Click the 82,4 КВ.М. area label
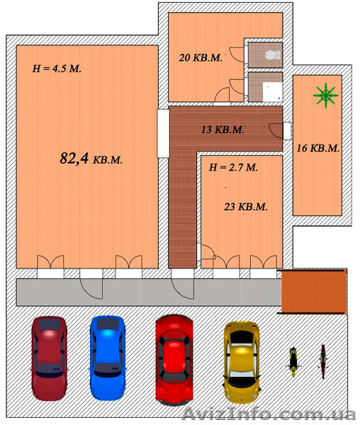point(91,158)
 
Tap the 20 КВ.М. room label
point(201,57)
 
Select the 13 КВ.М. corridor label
point(223,130)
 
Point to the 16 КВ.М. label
point(318,148)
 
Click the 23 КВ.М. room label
point(246,207)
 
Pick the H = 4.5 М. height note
point(57,69)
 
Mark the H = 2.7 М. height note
point(233,167)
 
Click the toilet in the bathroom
point(273,55)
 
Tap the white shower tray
point(272,91)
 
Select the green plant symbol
point(326,95)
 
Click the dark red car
point(49,358)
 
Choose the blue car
point(108,358)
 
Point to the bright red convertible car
point(174,360)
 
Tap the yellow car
point(241,362)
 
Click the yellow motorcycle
point(293,361)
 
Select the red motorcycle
point(323,361)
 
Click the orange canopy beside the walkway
point(314,292)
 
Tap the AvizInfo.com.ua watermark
point(269,414)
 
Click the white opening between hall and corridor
point(163,133)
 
